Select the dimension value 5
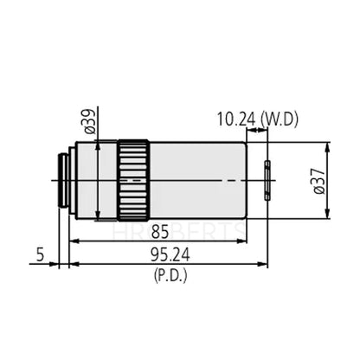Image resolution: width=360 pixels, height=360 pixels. click(40, 254)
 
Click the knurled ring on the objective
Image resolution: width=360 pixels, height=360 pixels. click(133, 179)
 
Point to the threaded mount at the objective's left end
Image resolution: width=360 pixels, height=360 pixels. click(63, 179)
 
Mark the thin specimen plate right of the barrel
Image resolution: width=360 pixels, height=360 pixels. click(268, 179)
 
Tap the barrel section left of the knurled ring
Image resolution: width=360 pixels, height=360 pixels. click(94, 179)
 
